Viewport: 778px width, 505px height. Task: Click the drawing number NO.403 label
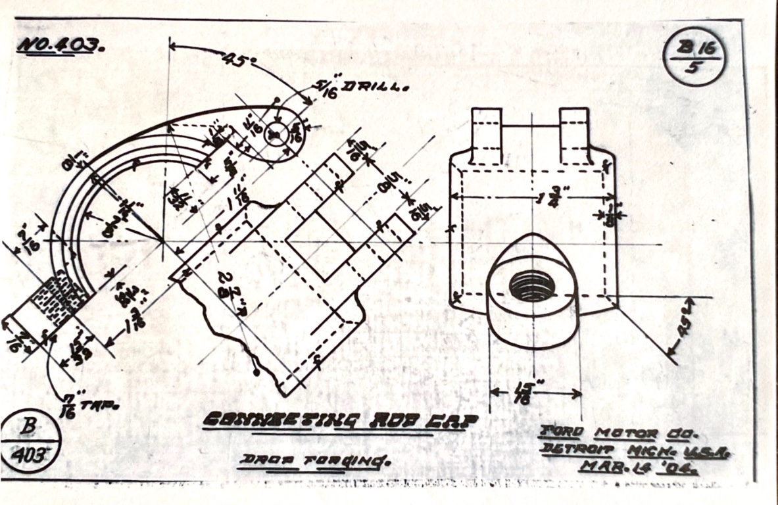tap(61, 46)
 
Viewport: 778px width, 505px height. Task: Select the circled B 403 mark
tap(30, 442)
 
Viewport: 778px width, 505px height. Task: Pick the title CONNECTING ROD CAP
tap(339, 420)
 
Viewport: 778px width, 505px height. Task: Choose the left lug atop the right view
tap(487, 135)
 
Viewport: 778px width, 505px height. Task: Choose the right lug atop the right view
tap(574, 135)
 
